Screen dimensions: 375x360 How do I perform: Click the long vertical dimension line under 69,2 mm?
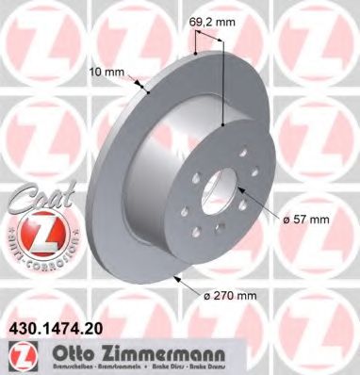point(222,85)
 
